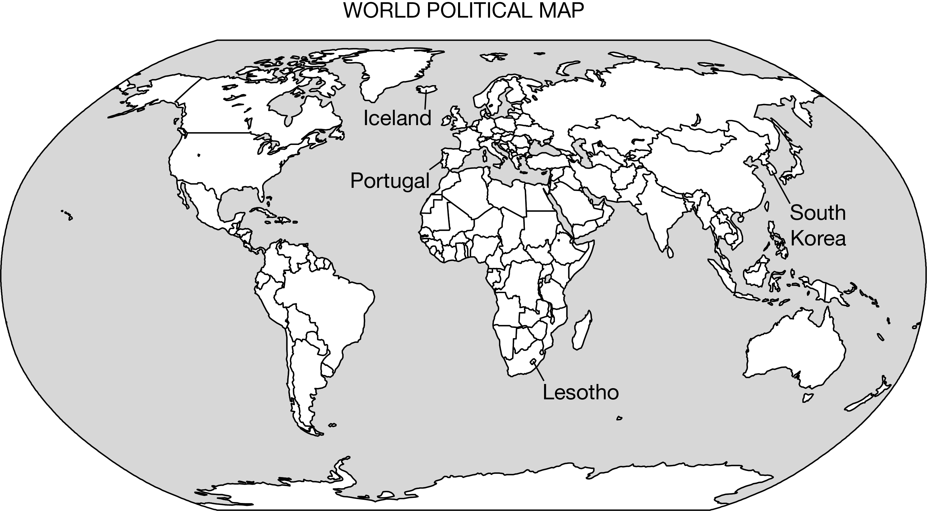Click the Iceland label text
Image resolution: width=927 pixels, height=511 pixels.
click(x=397, y=118)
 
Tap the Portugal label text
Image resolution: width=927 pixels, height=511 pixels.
click(x=390, y=180)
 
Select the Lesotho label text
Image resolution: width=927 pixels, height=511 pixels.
click(x=580, y=392)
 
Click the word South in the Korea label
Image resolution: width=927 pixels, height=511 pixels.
click(x=818, y=212)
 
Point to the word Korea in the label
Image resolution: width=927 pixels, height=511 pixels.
click(x=818, y=238)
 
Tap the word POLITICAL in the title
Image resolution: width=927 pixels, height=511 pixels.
click(x=480, y=11)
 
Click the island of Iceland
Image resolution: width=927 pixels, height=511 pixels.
click(x=426, y=89)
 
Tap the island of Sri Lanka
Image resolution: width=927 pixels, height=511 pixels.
click(x=670, y=252)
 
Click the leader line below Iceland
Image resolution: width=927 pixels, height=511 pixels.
click(x=426, y=100)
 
